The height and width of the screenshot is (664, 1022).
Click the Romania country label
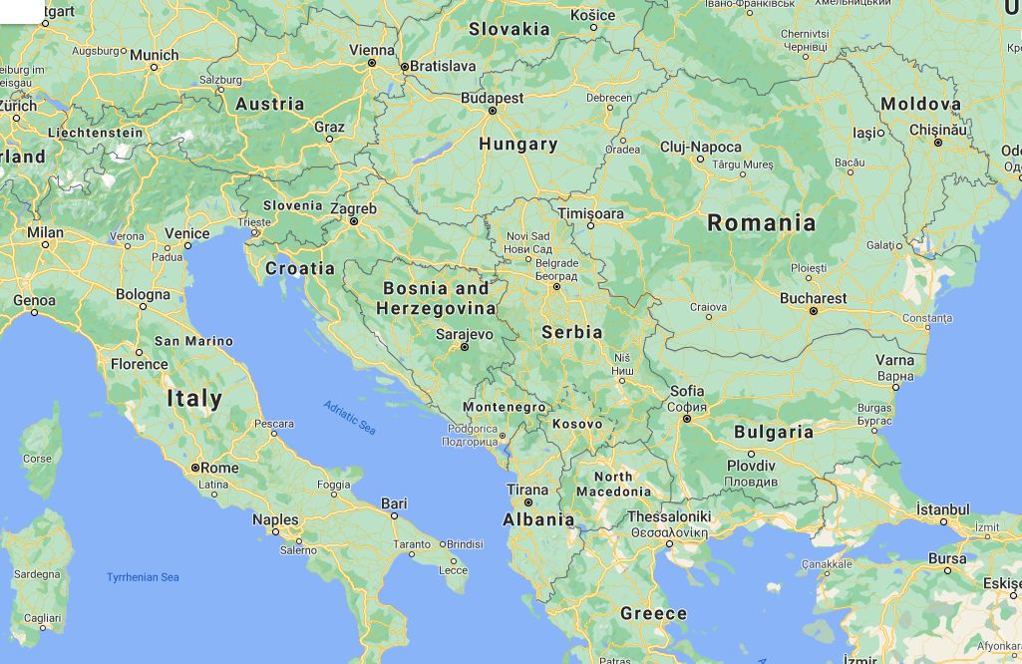pyautogui.click(x=761, y=222)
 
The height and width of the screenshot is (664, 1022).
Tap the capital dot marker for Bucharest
pyautogui.click(x=814, y=311)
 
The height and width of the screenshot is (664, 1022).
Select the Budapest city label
pyautogui.click(x=492, y=98)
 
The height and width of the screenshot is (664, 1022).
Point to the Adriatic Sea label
pyautogui.click(x=349, y=417)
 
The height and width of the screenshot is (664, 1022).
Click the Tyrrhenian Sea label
pyautogui.click(x=143, y=577)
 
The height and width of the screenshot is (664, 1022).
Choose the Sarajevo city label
pyautogui.click(x=466, y=334)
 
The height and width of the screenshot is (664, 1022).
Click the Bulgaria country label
pyautogui.click(x=774, y=432)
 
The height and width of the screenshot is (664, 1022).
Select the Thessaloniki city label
pyautogui.click(x=668, y=516)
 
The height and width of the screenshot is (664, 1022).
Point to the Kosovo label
pyautogui.click(x=577, y=424)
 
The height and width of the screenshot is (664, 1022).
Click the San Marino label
pyautogui.click(x=193, y=341)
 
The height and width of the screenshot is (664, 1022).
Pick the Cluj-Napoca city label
pyautogui.click(x=701, y=147)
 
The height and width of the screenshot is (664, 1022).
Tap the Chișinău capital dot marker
pyautogui.click(x=937, y=143)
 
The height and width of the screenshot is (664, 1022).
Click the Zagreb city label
pyautogui.click(x=354, y=209)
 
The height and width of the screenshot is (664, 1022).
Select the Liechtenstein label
pyautogui.click(x=97, y=133)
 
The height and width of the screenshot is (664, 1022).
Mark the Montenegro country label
pyautogui.click(x=505, y=407)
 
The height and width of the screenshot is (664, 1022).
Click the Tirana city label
pyautogui.click(x=527, y=490)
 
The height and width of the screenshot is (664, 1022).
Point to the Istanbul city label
pyautogui.click(x=943, y=509)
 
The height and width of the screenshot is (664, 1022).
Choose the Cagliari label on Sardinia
pyautogui.click(x=42, y=618)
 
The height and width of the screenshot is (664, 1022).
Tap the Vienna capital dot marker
pyautogui.click(x=372, y=63)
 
